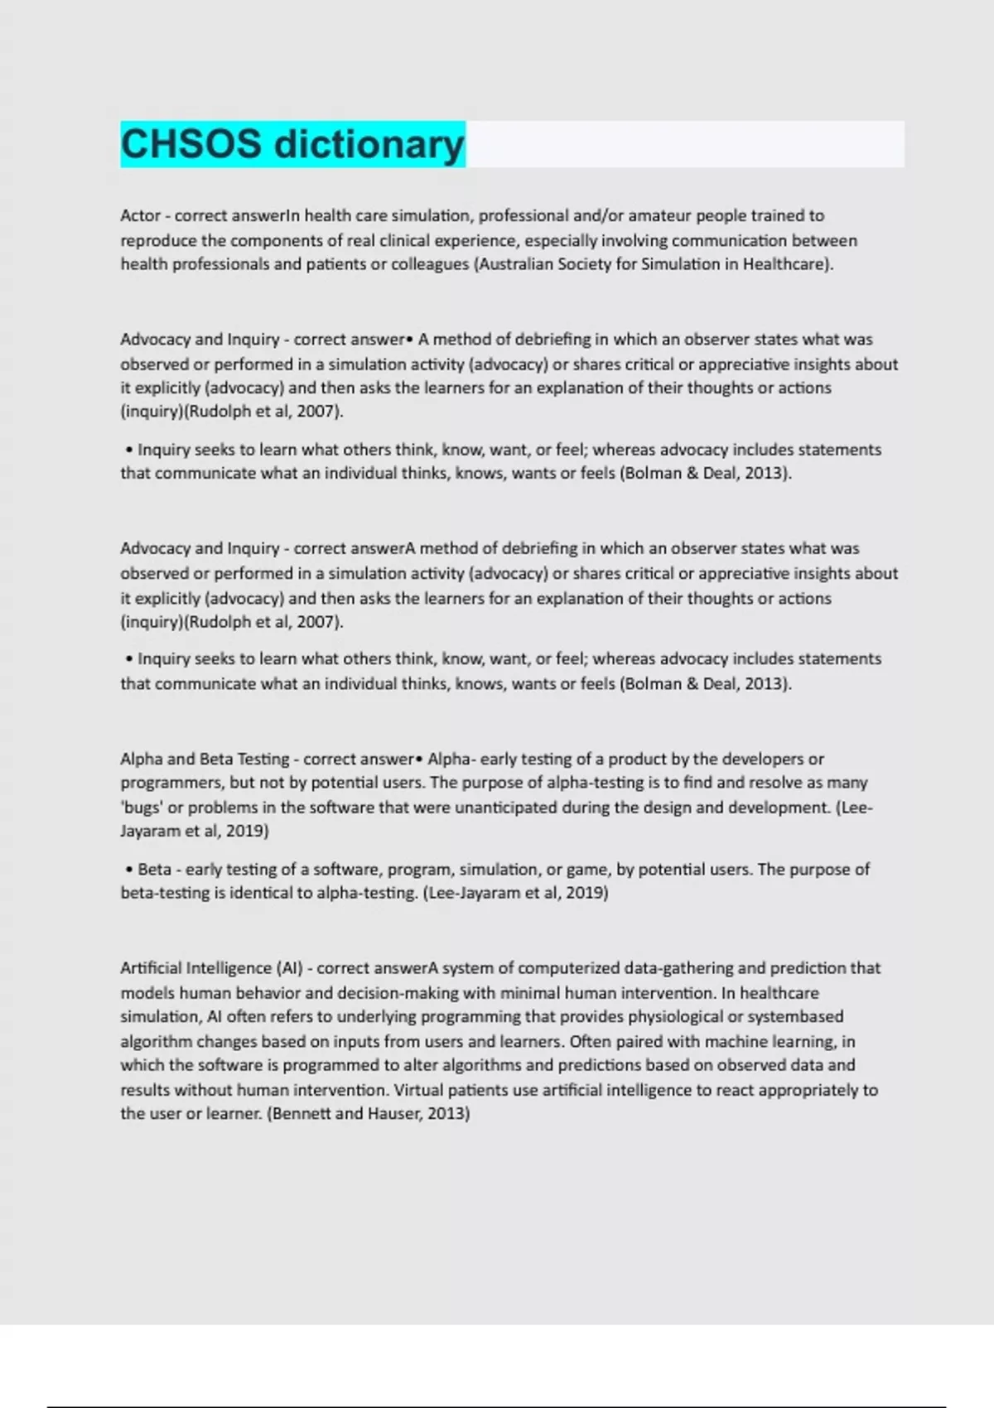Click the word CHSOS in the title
191,144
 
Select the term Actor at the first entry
140,215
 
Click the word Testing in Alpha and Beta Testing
263,759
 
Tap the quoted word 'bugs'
142,808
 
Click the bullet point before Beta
129,870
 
